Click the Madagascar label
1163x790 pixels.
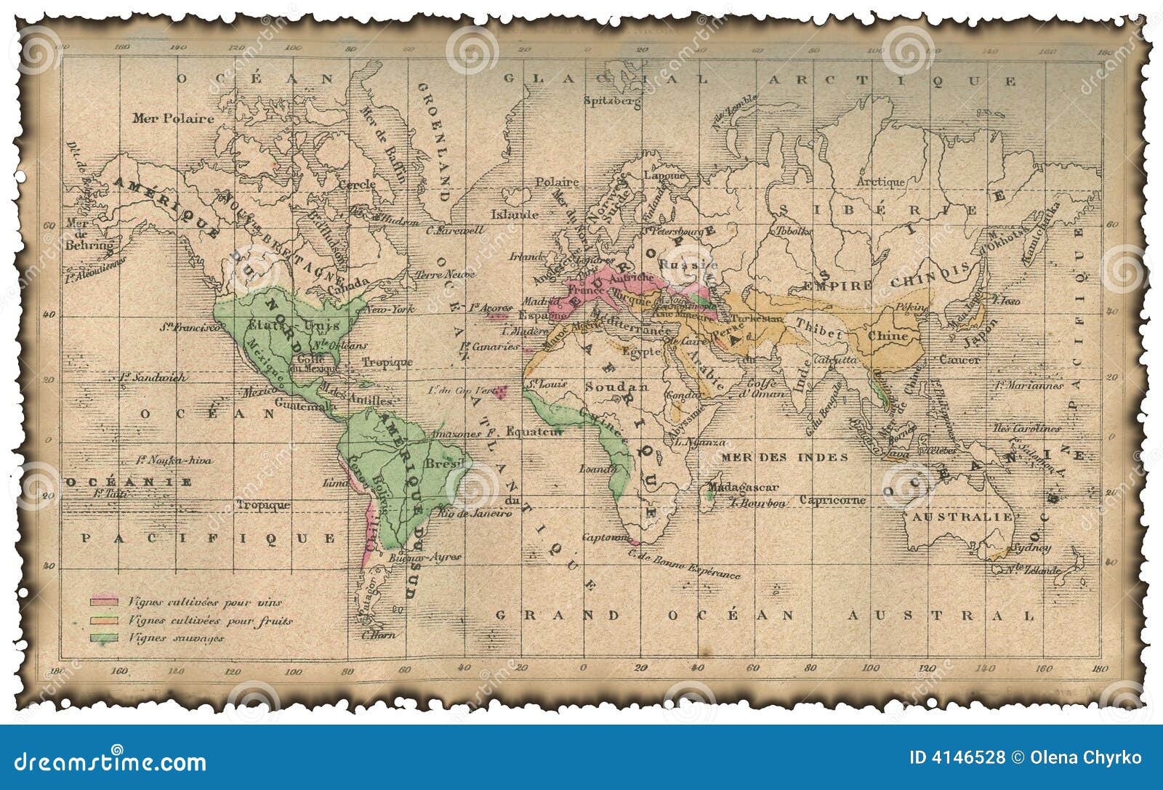pos(743,487)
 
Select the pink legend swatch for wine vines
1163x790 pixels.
pos(103,602)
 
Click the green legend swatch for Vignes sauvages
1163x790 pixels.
pos(103,638)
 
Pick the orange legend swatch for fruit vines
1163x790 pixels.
pos(103,621)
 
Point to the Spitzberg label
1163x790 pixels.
pos(613,101)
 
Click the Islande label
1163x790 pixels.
pos(515,214)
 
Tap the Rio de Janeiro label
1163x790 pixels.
pos(476,513)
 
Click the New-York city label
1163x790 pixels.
pos(389,310)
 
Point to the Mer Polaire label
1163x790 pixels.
pos(173,118)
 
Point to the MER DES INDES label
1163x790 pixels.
pos(784,457)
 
